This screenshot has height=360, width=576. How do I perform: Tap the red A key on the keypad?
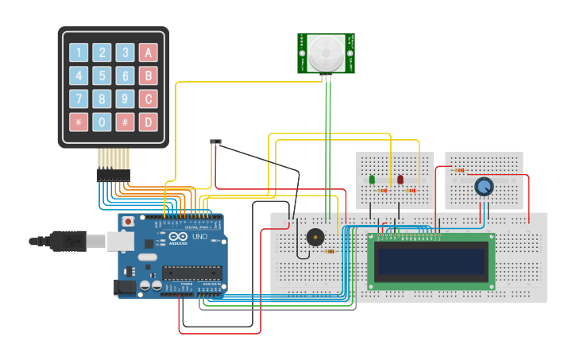(x=148, y=53)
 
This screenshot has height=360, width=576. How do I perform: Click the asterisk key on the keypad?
(x=79, y=122)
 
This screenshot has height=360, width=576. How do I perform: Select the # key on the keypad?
(x=125, y=122)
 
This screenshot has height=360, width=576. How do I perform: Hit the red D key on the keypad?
(x=148, y=122)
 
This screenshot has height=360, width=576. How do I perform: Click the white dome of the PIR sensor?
(x=326, y=53)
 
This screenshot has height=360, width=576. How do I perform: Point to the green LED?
(x=372, y=180)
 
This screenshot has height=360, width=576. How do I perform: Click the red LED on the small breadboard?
(x=400, y=180)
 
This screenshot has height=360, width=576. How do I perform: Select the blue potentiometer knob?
(x=483, y=187)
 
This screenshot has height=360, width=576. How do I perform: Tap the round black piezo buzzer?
(x=315, y=237)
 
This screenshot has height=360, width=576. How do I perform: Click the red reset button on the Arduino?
(x=128, y=222)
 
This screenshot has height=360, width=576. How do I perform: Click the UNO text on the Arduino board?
(x=199, y=237)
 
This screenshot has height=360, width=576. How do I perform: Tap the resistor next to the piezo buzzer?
(x=329, y=251)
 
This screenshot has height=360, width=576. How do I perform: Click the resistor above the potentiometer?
(x=459, y=169)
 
